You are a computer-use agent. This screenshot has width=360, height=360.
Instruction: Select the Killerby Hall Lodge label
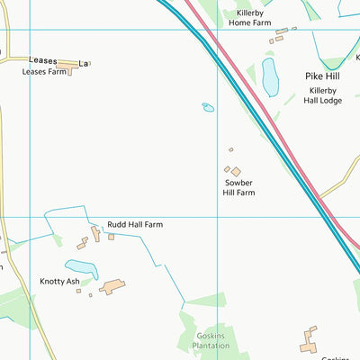(322, 96)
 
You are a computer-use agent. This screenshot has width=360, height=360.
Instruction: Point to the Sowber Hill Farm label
(240, 187)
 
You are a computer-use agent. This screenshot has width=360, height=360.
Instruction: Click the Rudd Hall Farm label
(135, 224)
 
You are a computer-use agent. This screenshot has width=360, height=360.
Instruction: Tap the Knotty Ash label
(59, 281)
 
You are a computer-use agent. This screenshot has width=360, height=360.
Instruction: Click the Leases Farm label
(44, 71)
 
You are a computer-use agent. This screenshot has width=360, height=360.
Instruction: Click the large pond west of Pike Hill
(270, 77)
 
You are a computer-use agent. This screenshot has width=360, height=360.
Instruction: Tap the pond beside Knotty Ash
(81, 268)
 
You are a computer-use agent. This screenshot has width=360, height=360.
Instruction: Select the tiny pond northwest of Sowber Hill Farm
(208, 108)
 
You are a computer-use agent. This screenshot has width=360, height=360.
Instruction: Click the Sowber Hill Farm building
(236, 171)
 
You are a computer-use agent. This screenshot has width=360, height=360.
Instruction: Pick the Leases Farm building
(66, 67)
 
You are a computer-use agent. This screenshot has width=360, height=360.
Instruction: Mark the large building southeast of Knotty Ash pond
(112, 287)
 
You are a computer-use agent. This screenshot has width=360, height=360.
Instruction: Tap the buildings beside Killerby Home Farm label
(280, 35)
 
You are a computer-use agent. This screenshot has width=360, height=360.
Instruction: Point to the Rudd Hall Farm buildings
(94, 234)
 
